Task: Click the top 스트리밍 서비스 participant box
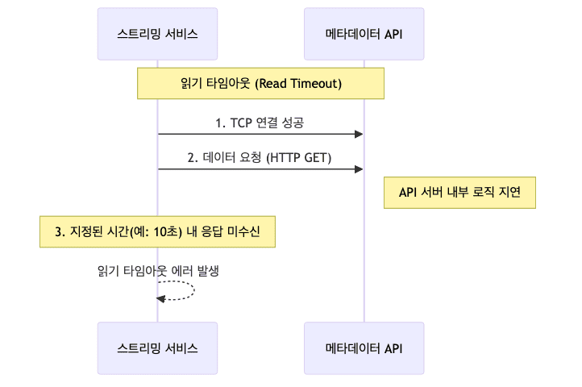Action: (157, 34)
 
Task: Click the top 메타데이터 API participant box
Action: (364, 34)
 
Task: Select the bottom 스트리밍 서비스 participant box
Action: (157, 348)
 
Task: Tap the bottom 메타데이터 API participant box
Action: (364, 348)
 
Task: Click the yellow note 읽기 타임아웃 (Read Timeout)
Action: (260, 83)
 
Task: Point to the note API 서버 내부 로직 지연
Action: (460, 192)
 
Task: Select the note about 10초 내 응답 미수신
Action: (157, 231)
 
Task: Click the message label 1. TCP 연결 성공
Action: (260, 123)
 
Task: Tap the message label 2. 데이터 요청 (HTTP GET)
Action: (260, 158)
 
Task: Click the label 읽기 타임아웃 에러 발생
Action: (158, 271)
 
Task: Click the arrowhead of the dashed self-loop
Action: (161, 298)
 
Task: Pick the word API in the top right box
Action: (393, 34)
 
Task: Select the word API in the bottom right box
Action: (393, 348)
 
